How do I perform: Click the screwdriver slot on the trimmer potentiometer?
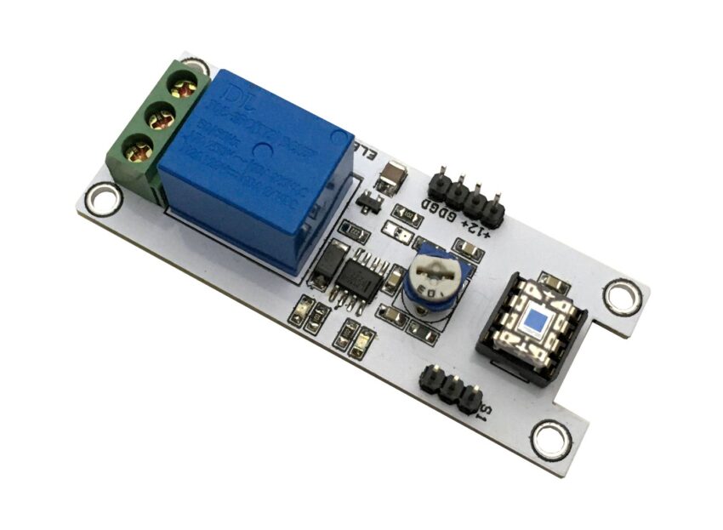[434, 277]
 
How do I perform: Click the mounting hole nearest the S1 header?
[546, 440]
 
